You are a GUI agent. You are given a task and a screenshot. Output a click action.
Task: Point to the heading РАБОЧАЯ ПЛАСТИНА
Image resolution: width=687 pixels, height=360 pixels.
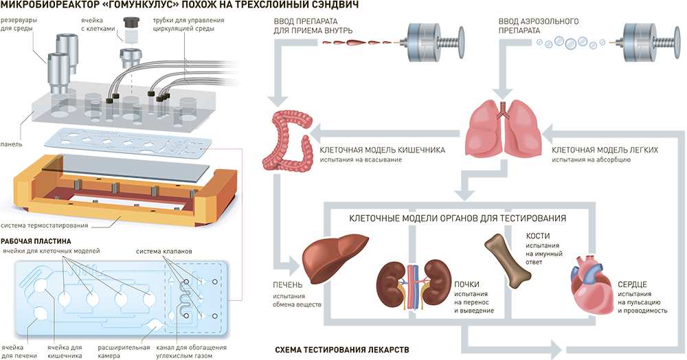[x=36, y=241]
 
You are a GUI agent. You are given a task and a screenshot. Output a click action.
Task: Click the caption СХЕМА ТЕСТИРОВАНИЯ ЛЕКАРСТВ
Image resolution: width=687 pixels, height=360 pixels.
[x=341, y=350]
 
